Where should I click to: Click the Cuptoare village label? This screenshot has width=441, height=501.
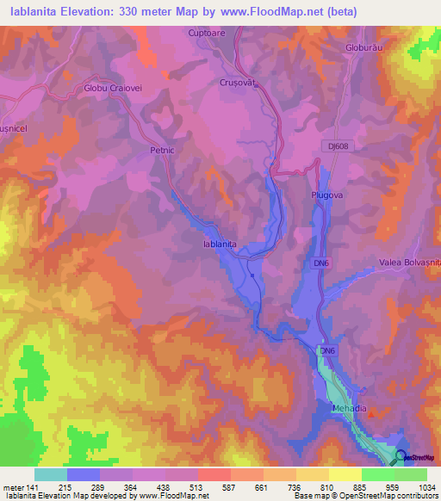[x=206, y=33]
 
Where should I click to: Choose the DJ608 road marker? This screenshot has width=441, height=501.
[x=339, y=147]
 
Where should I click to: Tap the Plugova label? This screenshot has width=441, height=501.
[x=327, y=195]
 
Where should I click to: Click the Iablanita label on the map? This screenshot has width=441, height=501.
[x=219, y=244]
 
